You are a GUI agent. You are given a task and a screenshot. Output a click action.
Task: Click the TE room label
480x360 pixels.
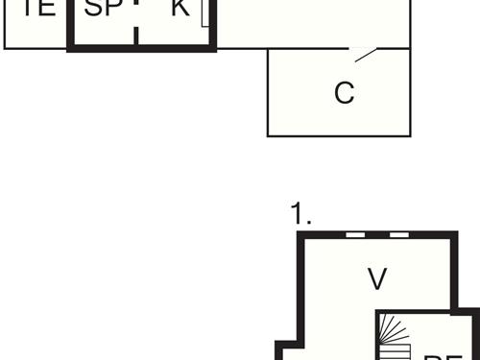coord(37,9)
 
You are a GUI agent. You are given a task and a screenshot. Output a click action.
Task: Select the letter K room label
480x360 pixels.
coord(180,9)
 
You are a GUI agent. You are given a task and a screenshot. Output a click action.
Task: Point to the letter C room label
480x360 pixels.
coord(344,93)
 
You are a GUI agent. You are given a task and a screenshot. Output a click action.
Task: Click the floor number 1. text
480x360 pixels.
coord(301,216)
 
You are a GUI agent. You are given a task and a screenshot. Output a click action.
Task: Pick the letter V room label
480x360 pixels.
coord(377,279)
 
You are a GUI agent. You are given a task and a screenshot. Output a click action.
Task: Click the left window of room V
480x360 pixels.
coord(355,234)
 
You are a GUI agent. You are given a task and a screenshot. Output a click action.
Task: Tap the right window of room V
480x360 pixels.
coord(398,234)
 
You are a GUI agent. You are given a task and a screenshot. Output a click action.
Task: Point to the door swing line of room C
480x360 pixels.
coord(366,56)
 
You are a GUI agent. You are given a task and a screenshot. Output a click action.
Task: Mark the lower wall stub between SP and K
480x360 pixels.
coord(137,36)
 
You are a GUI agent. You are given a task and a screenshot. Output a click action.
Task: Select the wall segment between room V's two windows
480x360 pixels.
coord(377,234)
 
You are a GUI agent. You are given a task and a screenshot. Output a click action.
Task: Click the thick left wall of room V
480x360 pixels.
coord(302,288)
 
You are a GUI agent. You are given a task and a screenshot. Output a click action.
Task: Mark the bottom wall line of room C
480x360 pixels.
coord(339,135)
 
